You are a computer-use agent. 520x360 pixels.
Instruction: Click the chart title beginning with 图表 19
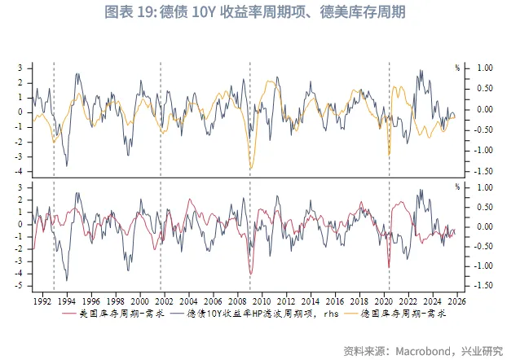[260, 13]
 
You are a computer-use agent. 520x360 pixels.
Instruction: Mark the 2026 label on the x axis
[457, 300]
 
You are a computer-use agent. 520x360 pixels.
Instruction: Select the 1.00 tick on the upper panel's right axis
[484, 68]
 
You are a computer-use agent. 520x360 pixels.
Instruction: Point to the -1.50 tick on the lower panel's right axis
[484, 285]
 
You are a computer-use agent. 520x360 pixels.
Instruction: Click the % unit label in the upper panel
[458, 67]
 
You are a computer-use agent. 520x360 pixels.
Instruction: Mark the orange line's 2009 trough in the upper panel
[251, 169]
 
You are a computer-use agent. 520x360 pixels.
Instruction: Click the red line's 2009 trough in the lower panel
[251, 274]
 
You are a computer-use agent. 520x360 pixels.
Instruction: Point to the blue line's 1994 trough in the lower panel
[67, 279]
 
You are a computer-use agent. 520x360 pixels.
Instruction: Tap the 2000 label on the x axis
[139, 300]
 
